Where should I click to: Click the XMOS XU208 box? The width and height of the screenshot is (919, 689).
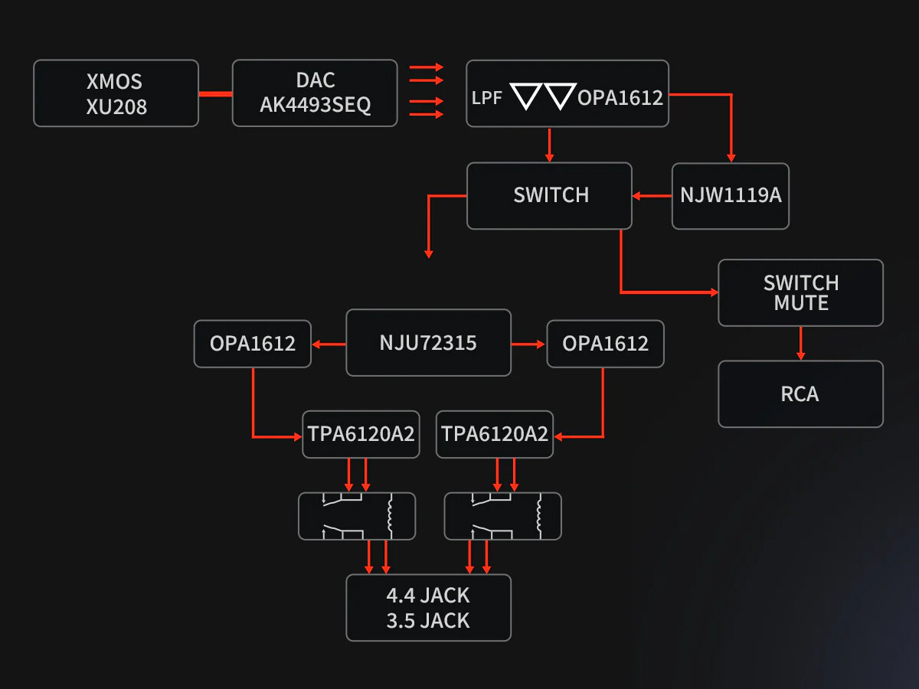pyautogui.click(x=116, y=93)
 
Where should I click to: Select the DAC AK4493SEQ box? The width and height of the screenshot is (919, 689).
pyautogui.click(x=315, y=93)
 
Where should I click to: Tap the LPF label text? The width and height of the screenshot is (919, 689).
pyautogui.click(x=487, y=98)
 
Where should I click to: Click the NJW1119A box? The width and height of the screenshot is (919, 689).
pyautogui.click(x=731, y=195)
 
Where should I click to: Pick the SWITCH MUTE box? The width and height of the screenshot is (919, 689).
pyautogui.click(x=800, y=292)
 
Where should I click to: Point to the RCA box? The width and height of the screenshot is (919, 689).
pyautogui.click(x=800, y=394)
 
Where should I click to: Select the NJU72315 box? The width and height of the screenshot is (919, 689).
pyautogui.click(x=428, y=342)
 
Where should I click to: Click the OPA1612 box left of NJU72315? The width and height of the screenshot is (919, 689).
pyautogui.click(x=253, y=344)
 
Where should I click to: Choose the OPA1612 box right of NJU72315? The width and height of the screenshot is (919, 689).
pyautogui.click(x=605, y=344)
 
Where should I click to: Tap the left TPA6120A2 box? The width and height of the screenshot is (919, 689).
pyautogui.click(x=361, y=434)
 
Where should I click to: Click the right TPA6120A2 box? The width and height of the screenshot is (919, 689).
pyautogui.click(x=495, y=434)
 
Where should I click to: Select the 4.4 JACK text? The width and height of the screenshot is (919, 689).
pyautogui.click(x=428, y=596)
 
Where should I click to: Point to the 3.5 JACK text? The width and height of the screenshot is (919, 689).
pyautogui.click(x=428, y=620)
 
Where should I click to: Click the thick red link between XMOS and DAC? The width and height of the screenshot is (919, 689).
pyautogui.click(x=215, y=94)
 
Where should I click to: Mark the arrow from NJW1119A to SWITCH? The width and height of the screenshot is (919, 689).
pyautogui.click(x=652, y=196)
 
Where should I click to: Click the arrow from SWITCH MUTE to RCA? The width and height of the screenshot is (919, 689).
pyautogui.click(x=801, y=344)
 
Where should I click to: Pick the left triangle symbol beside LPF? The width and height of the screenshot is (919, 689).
pyautogui.click(x=525, y=96)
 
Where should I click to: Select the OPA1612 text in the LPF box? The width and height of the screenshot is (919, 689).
pyautogui.click(x=620, y=98)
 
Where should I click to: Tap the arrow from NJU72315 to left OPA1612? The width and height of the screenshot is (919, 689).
pyautogui.click(x=329, y=344)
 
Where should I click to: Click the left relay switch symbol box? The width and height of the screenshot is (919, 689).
pyautogui.click(x=356, y=516)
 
